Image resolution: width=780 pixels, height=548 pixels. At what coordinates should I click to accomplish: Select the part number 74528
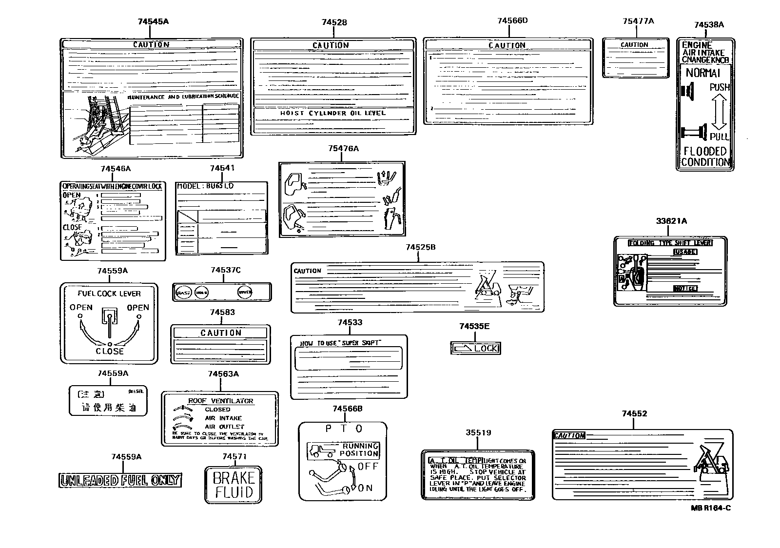coord(334,22)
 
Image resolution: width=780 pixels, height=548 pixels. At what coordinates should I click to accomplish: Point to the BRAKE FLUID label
coord(233,485)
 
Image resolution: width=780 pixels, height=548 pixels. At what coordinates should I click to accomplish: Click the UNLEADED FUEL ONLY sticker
coord(119,480)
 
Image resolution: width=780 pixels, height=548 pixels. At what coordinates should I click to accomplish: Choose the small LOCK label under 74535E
coord(475,348)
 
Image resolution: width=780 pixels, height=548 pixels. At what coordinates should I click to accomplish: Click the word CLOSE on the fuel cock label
coord(110,351)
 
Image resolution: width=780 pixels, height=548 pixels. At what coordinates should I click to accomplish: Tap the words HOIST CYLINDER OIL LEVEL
coord(332,113)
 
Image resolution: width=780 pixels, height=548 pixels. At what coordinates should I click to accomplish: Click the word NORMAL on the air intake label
coord(702,73)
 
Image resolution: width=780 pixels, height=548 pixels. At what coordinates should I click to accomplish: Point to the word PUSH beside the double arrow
coord(720,87)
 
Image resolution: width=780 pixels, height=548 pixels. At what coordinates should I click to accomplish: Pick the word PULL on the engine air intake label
coord(719,137)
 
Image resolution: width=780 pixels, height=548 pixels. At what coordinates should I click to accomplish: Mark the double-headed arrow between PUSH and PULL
coord(719,112)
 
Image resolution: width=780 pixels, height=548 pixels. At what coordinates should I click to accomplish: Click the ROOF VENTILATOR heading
coord(220,401)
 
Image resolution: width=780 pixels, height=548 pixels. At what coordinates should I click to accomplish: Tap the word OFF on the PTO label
coord(368,466)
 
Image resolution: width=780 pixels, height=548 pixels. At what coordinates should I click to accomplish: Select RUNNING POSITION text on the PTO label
coord(359,450)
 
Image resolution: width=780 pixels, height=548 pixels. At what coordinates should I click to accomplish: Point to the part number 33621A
coord(671,221)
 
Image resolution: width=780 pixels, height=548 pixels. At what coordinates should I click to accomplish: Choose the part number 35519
coord(478,432)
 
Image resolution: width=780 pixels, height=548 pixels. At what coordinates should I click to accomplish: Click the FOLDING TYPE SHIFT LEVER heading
coord(670,243)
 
